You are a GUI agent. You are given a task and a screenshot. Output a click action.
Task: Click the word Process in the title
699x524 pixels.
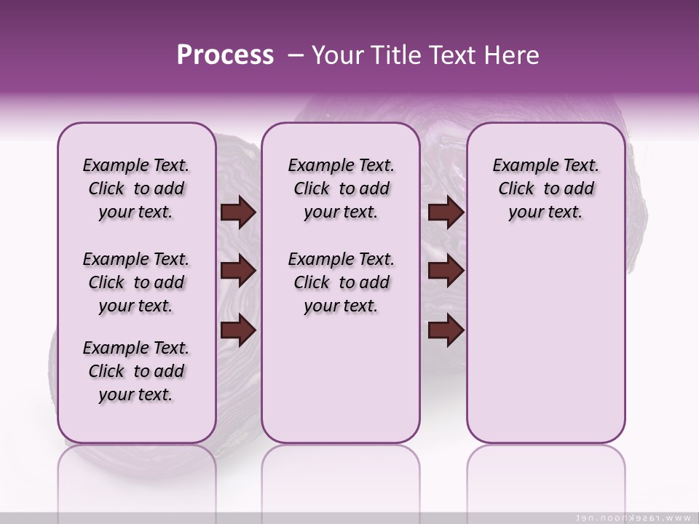[225, 55]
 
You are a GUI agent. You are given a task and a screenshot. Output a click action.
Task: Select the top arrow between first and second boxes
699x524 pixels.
[238, 213]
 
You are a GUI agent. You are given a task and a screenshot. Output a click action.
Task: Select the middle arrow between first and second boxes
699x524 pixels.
[238, 271]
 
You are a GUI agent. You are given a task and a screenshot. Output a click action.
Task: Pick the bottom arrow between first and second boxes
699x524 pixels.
[238, 330]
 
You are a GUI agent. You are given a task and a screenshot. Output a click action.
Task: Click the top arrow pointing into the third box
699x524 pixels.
[446, 213]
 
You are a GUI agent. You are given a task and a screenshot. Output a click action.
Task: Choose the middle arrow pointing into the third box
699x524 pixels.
[446, 271]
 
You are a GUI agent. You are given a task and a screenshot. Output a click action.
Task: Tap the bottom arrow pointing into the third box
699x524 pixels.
[446, 330]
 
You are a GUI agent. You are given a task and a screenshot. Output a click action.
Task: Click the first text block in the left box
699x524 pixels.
[136, 188]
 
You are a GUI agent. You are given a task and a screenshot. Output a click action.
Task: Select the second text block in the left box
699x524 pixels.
[136, 282]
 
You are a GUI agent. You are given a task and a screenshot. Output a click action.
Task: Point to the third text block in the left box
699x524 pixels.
[136, 371]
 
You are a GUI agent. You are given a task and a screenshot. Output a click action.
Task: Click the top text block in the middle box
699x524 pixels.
[341, 188]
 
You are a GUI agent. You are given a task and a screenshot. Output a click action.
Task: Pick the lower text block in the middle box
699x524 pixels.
[341, 282]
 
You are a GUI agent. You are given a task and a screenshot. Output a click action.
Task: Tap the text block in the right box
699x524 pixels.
[546, 188]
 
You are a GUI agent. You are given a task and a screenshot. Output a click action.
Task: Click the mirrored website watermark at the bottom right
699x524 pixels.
[633, 517]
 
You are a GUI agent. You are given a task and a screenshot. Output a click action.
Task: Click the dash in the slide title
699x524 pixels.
[296, 55]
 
